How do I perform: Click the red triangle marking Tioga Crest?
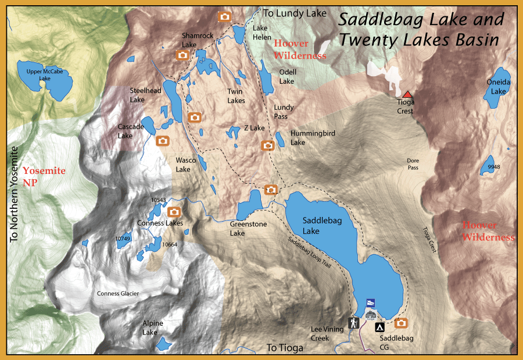[x=407, y=94]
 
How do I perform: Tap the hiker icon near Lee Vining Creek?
[x=353, y=322]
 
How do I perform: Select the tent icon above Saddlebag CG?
[x=379, y=327]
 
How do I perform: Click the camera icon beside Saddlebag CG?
[x=401, y=323]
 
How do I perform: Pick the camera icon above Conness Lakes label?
[x=174, y=212]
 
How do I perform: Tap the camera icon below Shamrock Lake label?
[x=182, y=55]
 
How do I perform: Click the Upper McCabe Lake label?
[x=44, y=75]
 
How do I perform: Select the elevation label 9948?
[x=494, y=167]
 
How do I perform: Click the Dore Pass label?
[x=413, y=164]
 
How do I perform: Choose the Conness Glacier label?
[x=118, y=294]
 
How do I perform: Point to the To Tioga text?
[x=285, y=348]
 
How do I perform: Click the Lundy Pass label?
[x=284, y=112]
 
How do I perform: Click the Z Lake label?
[x=254, y=128]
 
